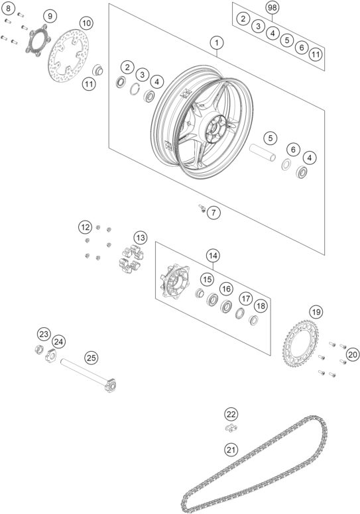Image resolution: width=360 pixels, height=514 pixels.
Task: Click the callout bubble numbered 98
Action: (272, 7)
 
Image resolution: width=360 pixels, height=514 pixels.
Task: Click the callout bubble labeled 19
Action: (316, 311)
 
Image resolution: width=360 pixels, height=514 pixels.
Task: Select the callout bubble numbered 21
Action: (231, 450)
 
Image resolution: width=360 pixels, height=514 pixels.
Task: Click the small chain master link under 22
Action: (229, 428)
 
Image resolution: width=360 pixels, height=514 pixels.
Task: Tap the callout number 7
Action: (212, 213)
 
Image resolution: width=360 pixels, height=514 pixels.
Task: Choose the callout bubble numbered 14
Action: (212, 255)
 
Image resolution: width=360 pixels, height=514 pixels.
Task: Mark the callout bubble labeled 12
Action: (84, 227)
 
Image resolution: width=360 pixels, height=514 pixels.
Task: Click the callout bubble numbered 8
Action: (10, 9)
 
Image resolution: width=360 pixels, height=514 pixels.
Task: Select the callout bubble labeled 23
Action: (44, 333)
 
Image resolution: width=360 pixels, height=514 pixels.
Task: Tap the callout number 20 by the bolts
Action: (352, 354)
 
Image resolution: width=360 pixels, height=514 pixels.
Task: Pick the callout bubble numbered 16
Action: (226, 289)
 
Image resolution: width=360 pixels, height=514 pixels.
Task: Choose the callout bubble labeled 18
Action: (261, 305)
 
